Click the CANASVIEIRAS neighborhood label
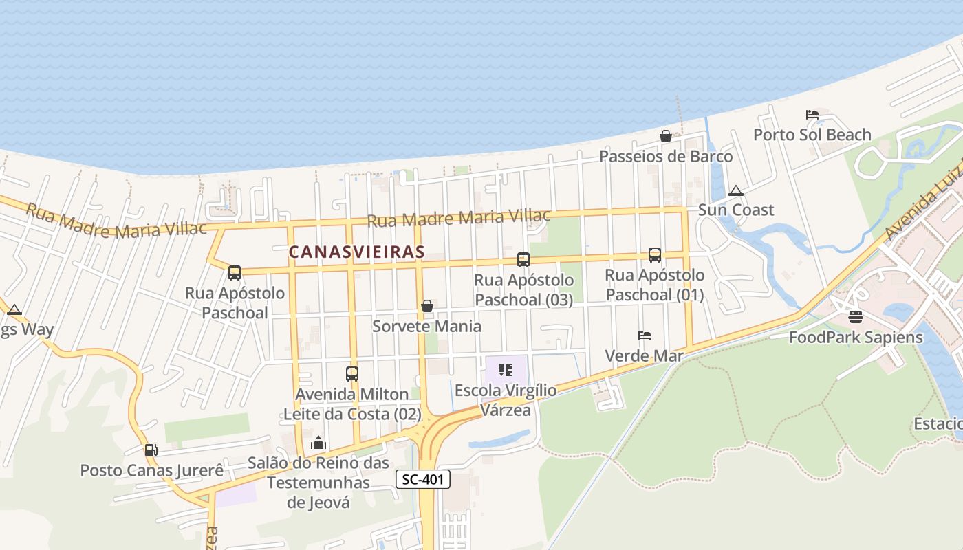coord(356,252)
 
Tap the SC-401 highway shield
coord(423,479)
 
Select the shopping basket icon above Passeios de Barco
coord(665,136)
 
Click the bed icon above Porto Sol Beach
coord(812,115)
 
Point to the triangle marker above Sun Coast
coord(735,190)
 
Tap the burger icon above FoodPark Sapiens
coord(856,317)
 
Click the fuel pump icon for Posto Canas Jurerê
coord(151,450)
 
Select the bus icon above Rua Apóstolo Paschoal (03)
coord(523,260)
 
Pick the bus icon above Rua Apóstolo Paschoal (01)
coord(655,255)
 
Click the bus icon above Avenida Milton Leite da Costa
coord(352,374)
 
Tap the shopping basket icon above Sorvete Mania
coord(427,306)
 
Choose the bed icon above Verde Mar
coord(645,335)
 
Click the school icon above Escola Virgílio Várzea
coord(506,370)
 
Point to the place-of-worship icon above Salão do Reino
coord(318,443)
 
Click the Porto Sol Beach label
coord(812,135)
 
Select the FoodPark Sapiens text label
coord(856,338)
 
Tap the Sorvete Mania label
coord(426,326)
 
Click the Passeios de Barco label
coord(666,157)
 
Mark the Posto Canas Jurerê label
coord(152,471)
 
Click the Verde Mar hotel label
coord(645,355)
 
